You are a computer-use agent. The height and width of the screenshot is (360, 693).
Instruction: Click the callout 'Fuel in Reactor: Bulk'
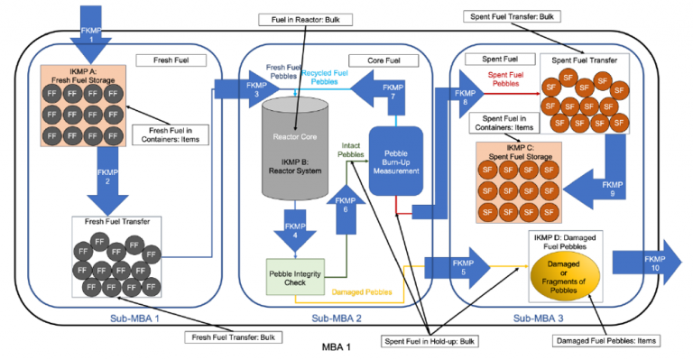click(300, 18)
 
